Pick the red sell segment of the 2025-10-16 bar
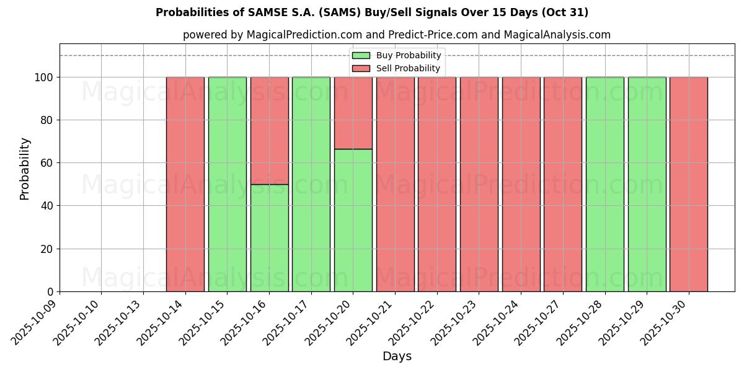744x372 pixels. click(x=269, y=130)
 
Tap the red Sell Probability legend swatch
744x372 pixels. click(x=361, y=68)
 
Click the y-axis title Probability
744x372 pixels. click(x=25, y=168)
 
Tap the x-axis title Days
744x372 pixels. click(x=397, y=356)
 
